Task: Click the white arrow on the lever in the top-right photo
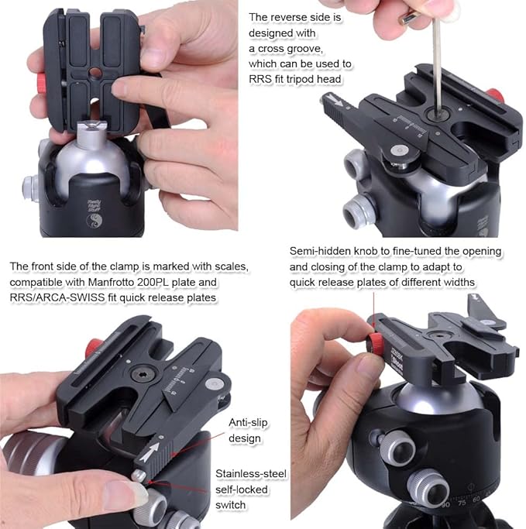pyautogui.click(x=335, y=99)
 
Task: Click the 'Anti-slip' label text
pyautogui.click(x=248, y=422)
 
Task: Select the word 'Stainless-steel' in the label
pyautogui.click(x=251, y=474)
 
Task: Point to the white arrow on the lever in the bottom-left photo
pyautogui.click(x=150, y=452)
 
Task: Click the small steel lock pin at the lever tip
pyautogui.click(x=139, y=476)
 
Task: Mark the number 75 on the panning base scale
pyautogui.click(x=462, y=503)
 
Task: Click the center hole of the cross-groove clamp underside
pyautogui.click(x=95, y=72)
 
